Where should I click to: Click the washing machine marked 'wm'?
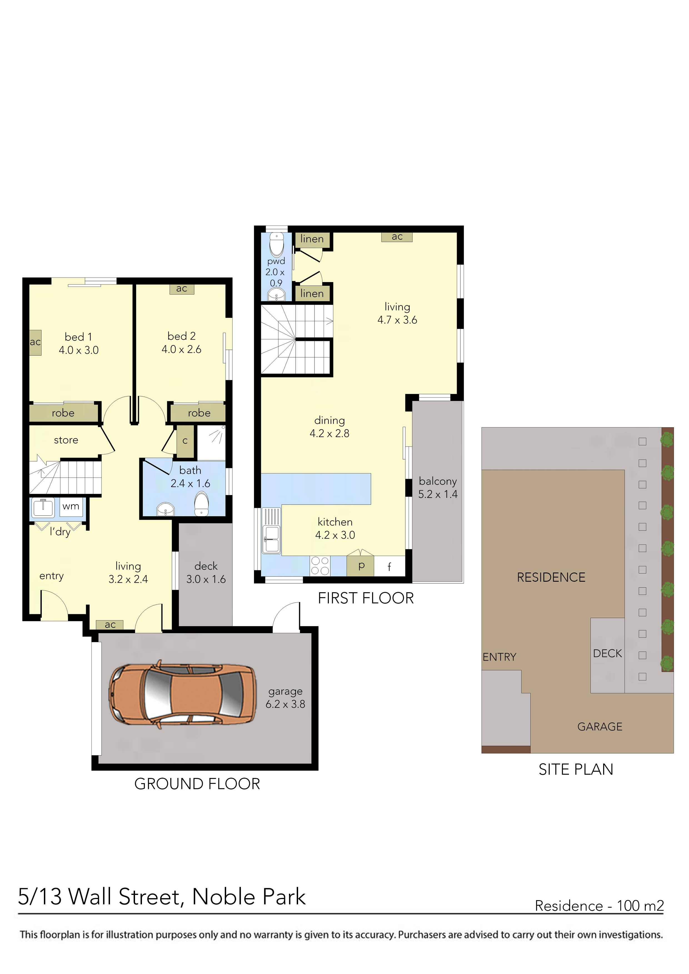tap(71, 507)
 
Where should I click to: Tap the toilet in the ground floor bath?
tap(202, 504)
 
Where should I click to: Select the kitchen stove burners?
tap(320, 566)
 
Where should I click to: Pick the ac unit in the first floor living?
tap(397, 237)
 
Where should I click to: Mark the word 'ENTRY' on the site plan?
tap(499, 657)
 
